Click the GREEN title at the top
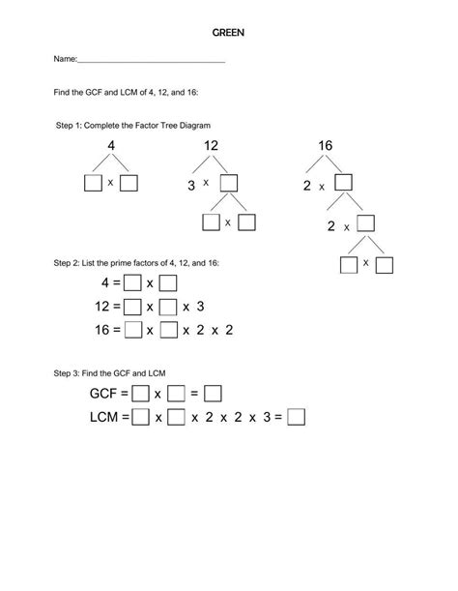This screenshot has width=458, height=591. coord(228,32)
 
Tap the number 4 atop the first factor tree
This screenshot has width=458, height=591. coord(111,146)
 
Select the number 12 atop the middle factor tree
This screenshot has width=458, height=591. coord(212,146)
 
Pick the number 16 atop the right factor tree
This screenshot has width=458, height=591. coord(325,146)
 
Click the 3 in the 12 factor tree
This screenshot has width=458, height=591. coord(191,184)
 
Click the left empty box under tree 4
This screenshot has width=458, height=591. coord(93,183)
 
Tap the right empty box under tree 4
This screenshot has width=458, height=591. coord(129,183)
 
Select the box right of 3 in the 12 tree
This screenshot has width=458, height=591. coord(229,183)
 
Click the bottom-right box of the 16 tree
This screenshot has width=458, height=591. coord(384,264)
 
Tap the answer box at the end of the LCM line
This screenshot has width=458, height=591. coord(297,418)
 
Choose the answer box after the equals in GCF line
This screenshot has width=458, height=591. coord(214,394)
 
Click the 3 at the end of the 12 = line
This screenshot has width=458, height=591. coord(200,307)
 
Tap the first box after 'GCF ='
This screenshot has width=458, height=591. coord(140,394)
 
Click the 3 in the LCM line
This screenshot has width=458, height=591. coord(252,418)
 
